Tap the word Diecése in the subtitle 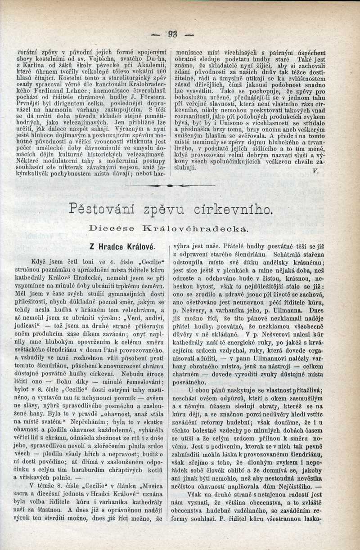coord(110,229)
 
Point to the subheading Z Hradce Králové coord(123,246)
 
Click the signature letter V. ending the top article coord(315,171)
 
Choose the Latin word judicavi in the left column coord(33,324)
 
